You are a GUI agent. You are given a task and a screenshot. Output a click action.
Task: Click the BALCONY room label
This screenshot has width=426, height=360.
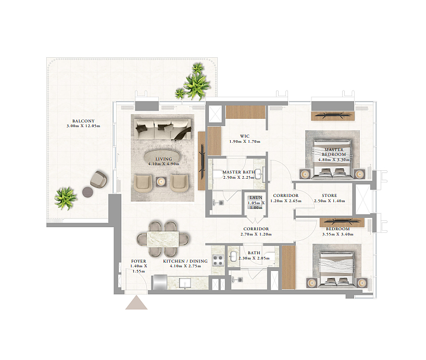click(x=83, y=121)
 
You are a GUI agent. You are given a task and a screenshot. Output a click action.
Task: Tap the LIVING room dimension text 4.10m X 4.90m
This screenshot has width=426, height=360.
click(x=164, y=164)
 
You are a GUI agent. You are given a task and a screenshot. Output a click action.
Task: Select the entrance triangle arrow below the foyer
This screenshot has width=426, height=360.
click(x=136, y=303)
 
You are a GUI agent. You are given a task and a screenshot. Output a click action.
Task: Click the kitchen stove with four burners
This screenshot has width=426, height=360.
click(x=218, y=260)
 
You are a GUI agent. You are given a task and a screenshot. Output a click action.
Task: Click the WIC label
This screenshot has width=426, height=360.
click(x=245, y=136)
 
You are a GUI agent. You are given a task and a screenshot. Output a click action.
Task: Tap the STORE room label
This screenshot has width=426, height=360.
click(x=330, y=195)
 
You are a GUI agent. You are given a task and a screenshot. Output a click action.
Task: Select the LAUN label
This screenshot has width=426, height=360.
click(x=256, y=197)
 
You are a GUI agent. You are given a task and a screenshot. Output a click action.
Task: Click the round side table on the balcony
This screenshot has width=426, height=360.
click(x=88, y=192)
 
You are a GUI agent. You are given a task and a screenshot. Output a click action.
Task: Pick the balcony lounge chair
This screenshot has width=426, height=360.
click(x=98, y=179)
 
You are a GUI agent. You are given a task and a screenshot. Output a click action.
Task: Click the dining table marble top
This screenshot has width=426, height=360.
click(x=163, y=239)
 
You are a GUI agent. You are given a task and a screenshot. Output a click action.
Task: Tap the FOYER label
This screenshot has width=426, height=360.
click(x=139, y=261)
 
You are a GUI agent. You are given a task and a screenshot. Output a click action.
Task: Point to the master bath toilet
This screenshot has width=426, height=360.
click(x=218, y=174)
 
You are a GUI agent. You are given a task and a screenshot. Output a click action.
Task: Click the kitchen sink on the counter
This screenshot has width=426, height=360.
click(x=185, y=283)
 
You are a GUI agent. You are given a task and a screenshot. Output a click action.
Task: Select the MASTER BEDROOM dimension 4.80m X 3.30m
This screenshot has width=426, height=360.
click(x=334, y=159)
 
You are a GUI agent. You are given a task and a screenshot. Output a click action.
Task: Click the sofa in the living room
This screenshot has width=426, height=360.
click(x=162, y=130)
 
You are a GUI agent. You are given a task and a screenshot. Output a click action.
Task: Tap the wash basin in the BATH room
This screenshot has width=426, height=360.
click(x=233, y=256)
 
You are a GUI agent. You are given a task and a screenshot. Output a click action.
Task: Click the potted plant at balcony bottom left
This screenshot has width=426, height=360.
click(x=65, y=198)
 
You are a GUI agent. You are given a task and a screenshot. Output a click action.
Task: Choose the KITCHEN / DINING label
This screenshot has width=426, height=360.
click(x=185, y=261)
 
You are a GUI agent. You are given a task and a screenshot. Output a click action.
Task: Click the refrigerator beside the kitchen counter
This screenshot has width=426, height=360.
click(x=160, y=282)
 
